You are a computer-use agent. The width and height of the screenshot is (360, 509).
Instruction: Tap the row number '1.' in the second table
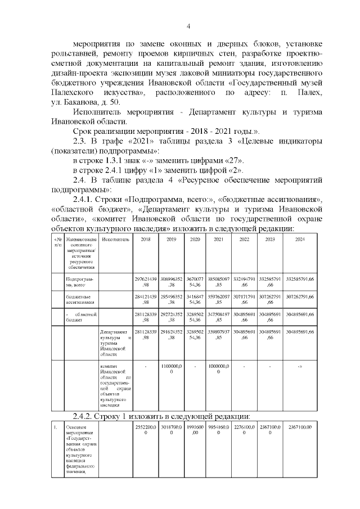tap(55, 428)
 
